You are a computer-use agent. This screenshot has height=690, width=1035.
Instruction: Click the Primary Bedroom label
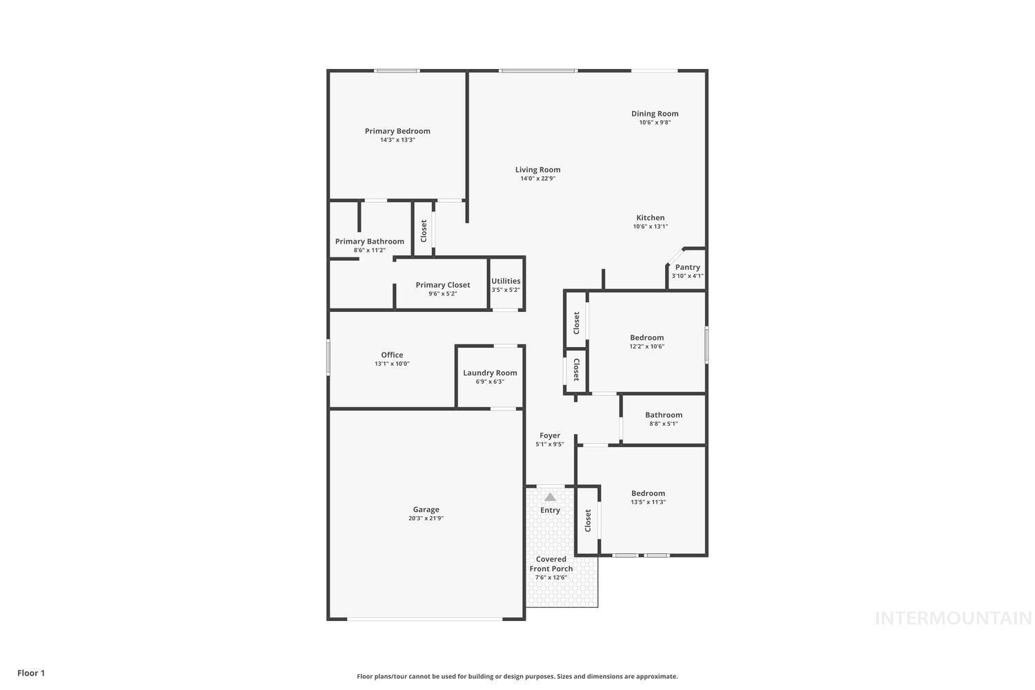(397, 131)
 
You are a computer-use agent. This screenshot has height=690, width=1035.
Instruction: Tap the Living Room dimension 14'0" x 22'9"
(538, 179)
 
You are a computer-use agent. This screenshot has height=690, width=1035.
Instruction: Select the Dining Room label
(655, 114)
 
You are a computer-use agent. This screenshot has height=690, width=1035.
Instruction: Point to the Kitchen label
(650, 218)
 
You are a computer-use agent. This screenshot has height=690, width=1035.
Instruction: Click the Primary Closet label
(442, 285)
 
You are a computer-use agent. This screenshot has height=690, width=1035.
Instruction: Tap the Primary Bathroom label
(369, 241)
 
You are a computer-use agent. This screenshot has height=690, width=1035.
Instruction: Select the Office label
(392, 355)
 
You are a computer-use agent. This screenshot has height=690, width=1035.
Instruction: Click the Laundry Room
(490, 376)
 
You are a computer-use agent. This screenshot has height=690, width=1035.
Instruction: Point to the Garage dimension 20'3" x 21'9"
(426, 518)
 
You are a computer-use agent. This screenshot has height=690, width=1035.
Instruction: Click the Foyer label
(550, 435)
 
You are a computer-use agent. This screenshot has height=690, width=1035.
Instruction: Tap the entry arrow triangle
(550, 497)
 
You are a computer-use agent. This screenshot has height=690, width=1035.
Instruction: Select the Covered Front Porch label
(551, 564)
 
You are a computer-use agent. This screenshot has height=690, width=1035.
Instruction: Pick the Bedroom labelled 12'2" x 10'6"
(647, 342)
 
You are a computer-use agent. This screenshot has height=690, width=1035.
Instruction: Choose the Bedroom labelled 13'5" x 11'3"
(648, 497)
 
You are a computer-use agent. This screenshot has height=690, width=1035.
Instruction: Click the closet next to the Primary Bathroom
(424, 230)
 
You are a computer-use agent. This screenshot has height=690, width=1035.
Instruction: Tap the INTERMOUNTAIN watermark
(953, 618)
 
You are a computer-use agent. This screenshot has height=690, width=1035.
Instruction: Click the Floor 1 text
(31, 673)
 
